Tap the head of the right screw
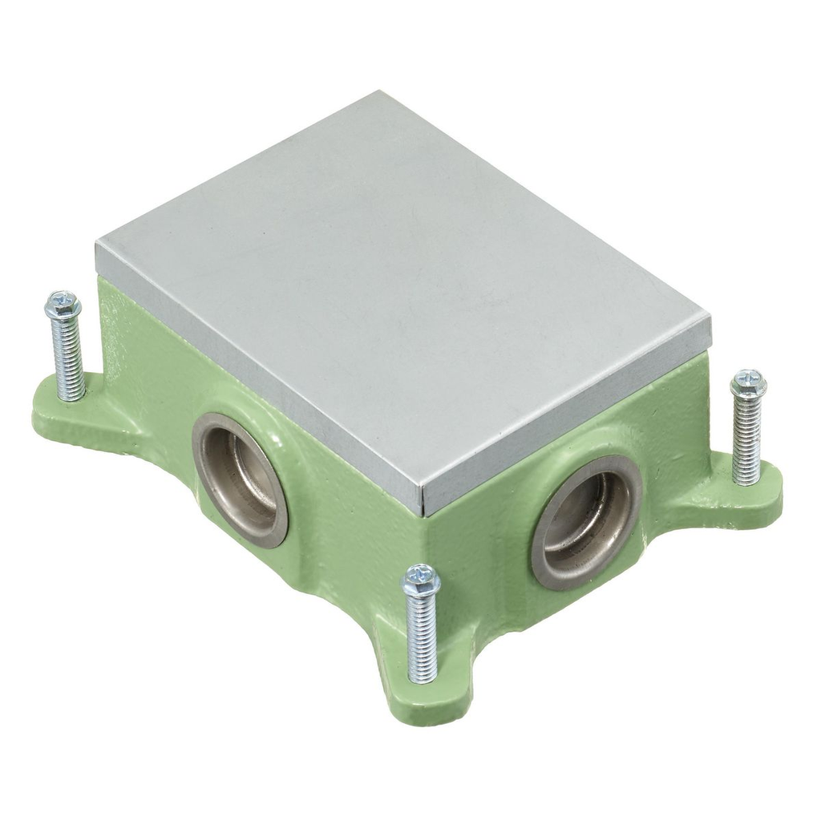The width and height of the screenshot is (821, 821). [748, 383]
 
